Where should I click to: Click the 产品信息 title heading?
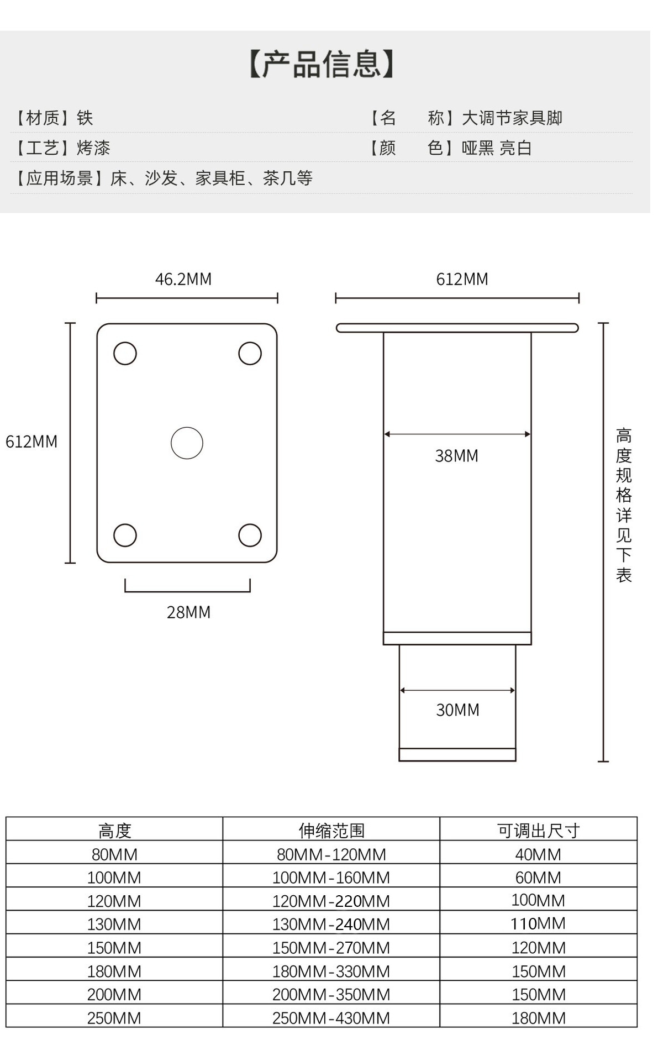click(322, 64)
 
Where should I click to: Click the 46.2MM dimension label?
click(183, 279)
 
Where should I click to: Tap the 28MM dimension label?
click(188, 612)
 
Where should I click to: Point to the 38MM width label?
click(456, 456)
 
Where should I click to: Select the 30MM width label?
click(457, 710)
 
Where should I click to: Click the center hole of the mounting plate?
click(187, 443)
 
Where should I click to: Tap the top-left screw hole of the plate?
click(125, 354)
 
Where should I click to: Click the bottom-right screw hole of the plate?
click(250, 535)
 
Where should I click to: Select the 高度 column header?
click(114, 830)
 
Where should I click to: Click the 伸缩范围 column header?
click(331, 830)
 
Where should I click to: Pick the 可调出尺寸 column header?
click(538, 830)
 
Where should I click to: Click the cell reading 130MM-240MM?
click(331, 924)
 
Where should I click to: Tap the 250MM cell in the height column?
click(114, 1018)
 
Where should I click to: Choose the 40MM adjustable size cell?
click(538, 854)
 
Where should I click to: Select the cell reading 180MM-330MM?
click(331, 971)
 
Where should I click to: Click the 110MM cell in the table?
click(538, 923)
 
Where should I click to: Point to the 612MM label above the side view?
click(462, 279)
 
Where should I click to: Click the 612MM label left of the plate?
click(31, 442)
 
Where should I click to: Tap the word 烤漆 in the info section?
click(93, 148)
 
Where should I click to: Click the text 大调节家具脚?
click(512, 118)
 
